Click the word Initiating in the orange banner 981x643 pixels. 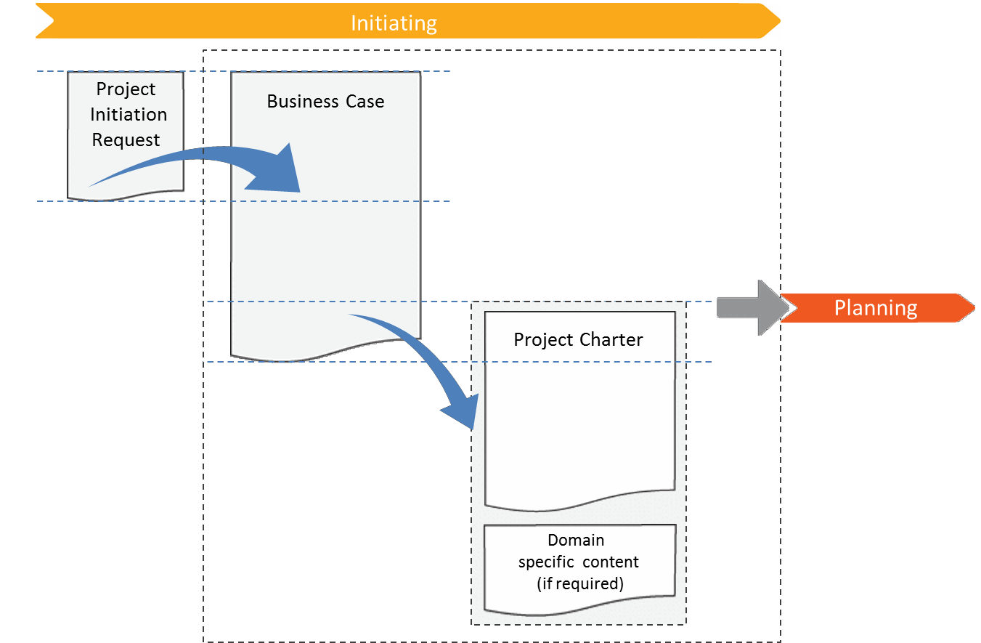click(394, 23)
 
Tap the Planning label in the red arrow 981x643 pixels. click(875, 308)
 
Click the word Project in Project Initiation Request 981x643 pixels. click(126, 89)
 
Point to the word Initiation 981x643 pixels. click(129, 115)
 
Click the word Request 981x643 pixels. click(126, 140)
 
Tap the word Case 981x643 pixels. click(365, 102)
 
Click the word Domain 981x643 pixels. click(576, 541)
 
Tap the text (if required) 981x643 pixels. click(579, 583)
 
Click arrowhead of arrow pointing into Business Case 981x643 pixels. click(280, 171)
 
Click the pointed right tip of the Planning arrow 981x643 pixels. click(972, 308)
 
